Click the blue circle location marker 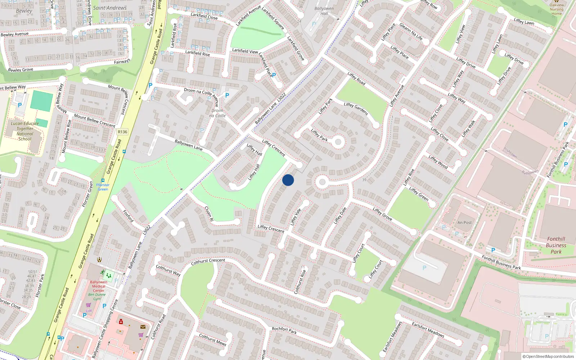pyautogui.click(x=288, y=180)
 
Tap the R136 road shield pyautogui.click(x=122, y=132)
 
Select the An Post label pyautogui.click(x=464, y=222)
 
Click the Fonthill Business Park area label pyautogui.click(x=556, y=245)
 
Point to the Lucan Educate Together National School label pyautogui.click(x=24, y=131)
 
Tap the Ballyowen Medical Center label pyautogui.click(x=99, y=286)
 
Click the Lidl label pyautogui.click(x=89, y=311)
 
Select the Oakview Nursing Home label pyautogui.click(x=557, y=9)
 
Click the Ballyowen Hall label pyautogui.click(x=324, y=11)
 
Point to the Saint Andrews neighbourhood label pyautogui.click(x=110, y=8)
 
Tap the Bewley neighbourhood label pyautogui.click(x=24, y=11)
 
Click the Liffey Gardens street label pyautogui.click(x=356, y=109)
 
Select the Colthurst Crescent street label pyautogui.click(x=208, y=262)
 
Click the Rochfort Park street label pyautogui.click(x=284, y=330)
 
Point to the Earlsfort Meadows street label pyautogui.click(x=428, y=329)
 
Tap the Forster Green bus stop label pyautogui.click(x=103, y=187)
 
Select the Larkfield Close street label pyautogui.click(x=204, y=16)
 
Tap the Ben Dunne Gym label pyautogui.click(x=97, y=297)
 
